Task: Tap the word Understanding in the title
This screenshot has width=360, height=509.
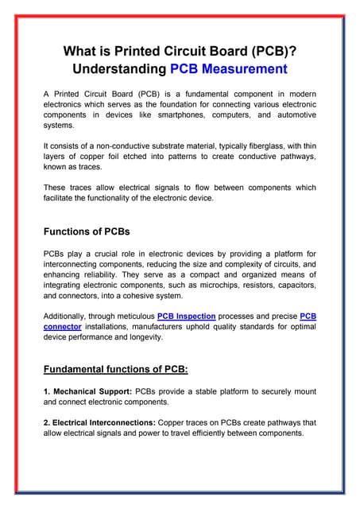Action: click(119, 69)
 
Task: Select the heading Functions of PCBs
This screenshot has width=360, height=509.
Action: click(87, 231)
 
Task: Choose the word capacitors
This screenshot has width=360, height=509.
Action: click(292, 285)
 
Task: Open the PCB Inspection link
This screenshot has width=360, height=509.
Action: click(186, 316)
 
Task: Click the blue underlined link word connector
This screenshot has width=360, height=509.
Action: click(62, 326)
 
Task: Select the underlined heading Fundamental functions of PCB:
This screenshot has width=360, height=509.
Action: click(114, 369)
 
